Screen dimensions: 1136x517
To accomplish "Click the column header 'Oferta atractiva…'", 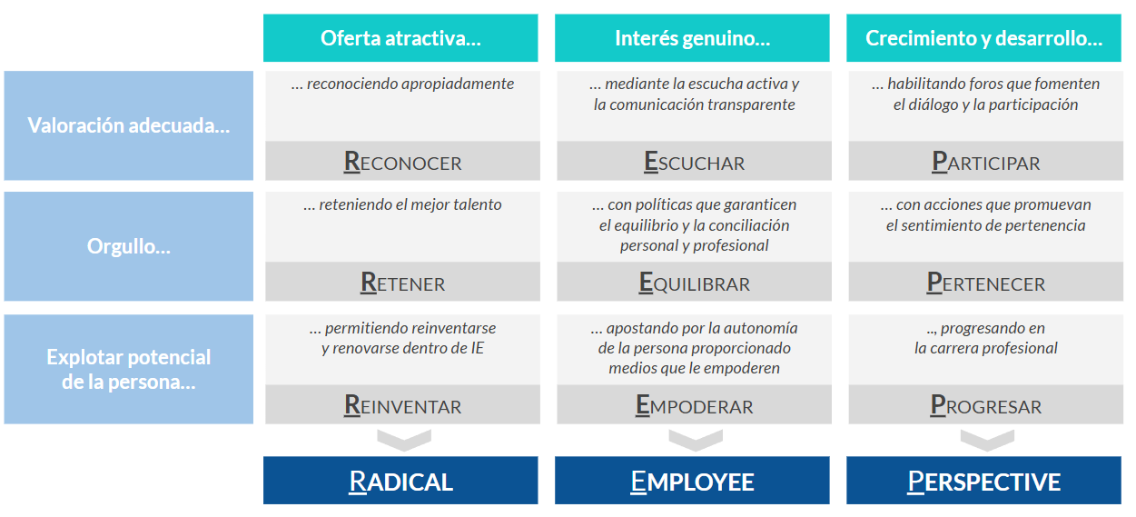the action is [400, 38].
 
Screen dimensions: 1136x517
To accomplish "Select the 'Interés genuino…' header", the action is [692, 38].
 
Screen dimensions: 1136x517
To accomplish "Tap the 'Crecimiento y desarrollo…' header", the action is [983, 38].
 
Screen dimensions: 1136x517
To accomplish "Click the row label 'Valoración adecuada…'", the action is [129, 125].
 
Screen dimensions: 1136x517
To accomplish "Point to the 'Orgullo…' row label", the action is [129, 246].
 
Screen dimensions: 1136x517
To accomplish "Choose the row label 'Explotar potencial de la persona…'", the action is [129, 369].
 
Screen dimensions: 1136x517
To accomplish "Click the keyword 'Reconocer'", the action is [402, 163].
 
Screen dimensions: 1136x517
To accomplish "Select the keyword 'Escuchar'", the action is [695, 163].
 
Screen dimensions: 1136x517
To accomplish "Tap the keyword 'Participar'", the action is [986, 163].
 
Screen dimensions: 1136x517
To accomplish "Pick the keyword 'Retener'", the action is [402, 283].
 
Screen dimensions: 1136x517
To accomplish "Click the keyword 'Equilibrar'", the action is [695, 283].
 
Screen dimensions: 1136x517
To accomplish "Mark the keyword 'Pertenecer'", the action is [986, 283].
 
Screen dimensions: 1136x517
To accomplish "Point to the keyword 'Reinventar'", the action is [402, 406].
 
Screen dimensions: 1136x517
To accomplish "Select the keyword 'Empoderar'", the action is [695, 406].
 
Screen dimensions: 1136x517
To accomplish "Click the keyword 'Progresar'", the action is [986, 406].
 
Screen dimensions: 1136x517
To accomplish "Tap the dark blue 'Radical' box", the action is [400, 480].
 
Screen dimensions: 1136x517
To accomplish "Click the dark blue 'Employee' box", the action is [692, 480].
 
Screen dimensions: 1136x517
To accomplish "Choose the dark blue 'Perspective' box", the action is [983, 480].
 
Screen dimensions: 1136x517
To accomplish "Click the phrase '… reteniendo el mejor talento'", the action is [402, 204].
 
